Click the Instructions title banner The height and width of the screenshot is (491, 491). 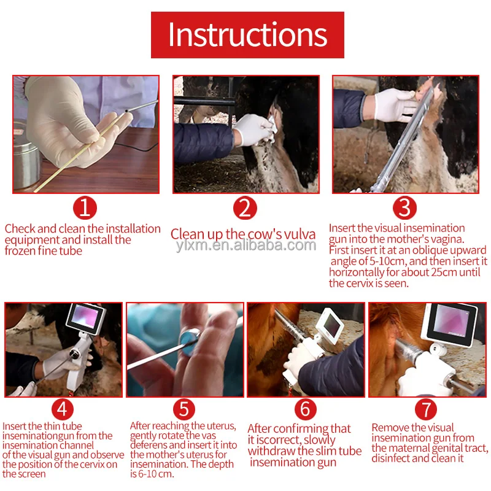pyautogui.click(x=247, y=35)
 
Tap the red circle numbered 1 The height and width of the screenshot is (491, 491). pyautogui.click(x=85, y=208)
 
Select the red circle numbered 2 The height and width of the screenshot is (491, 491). pyautogui.click(x=245, y=208)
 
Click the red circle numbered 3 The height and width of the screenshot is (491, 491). pyautogui.click(x=404, y=208)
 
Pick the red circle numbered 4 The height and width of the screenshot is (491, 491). pyautogui.click(x=62, y=409)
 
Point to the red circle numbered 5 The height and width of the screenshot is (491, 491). pyautogui.click(x=184, y=409)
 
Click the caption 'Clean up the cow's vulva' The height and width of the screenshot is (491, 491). pyautogui.click(x=243, y=234)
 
